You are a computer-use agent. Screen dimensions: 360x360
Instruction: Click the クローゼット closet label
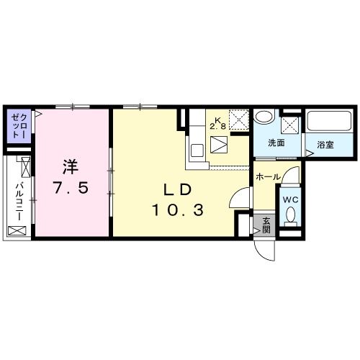pos(19,125)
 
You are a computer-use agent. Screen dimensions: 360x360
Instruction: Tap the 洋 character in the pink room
pos(71,166)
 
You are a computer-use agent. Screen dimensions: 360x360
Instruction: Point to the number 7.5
pos(71,188)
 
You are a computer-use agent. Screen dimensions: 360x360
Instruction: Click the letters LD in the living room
pos(178,190)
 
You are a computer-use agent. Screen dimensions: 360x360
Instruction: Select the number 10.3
pos(178,210)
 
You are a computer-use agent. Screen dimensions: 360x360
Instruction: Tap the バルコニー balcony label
pos(19,201)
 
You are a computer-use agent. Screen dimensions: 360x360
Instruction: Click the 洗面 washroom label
pos(276,143)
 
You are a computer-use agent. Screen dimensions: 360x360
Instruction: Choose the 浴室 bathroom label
pos(325,145)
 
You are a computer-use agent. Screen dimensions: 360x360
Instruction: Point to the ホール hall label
pos(268,177)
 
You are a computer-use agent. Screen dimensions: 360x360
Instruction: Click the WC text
pos(290,199)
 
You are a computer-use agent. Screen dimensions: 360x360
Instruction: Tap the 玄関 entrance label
pos(266,225)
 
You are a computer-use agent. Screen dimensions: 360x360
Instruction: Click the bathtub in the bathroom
pos(329,121)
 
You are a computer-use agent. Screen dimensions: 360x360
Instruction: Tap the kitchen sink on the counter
pos(197,150)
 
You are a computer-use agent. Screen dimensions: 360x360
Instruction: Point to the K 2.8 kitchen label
pos(218,124)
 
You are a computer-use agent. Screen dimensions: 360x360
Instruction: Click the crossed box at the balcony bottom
pos(17,230)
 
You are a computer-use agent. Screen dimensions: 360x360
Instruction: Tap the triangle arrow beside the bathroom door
pos(310,153)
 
